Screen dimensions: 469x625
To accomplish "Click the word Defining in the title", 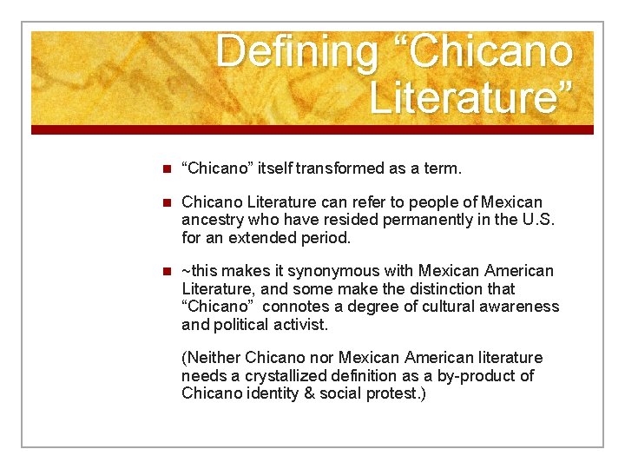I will pos(296,51).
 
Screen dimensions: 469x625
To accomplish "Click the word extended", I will pos(277,237).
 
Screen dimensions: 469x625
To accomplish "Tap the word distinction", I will pos(464,288).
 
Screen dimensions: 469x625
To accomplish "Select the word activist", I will pos(298,324).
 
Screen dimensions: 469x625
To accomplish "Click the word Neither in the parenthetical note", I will pos(212,358).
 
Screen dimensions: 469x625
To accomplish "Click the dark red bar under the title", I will pos(312,129).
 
